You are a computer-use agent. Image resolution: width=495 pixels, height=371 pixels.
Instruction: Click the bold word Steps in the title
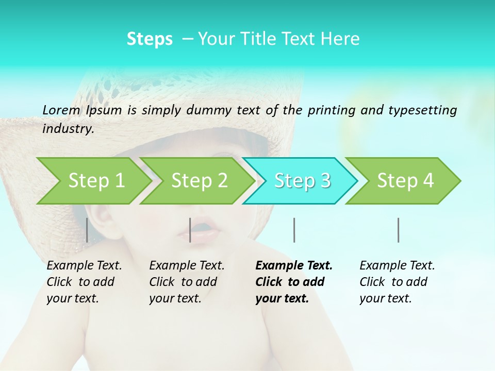pyautogui.click(x=150, y=39)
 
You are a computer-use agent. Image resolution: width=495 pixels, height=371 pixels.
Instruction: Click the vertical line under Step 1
pyautogui.click(x=87, y=230)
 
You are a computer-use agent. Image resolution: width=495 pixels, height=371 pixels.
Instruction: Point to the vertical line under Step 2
pyautogui.click(x=190, y=230)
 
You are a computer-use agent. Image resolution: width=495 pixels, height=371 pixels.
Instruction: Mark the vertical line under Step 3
pyautogui.click(x=294, y=230)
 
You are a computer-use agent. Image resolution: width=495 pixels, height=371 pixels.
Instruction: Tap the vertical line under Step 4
pyautogui.click(x=399, y=230)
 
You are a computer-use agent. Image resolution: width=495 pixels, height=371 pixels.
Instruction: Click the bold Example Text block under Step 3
pyautogui.click(x=294, y=282)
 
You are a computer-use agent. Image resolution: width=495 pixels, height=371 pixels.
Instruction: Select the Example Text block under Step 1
pyautogui.click(x=84, y=282)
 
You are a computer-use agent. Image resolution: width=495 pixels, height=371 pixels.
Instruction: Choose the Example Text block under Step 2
pyautogui.click(x=187, y=282)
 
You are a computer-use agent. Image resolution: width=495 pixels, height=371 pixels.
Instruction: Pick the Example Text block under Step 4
pyautogui.click(x=397, y=282)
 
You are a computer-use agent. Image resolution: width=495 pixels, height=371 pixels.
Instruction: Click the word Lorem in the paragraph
pyautogui.click(x=61, y=110)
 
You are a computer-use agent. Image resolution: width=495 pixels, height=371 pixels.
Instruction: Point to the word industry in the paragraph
pyautogui.click(x=68, y=129)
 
